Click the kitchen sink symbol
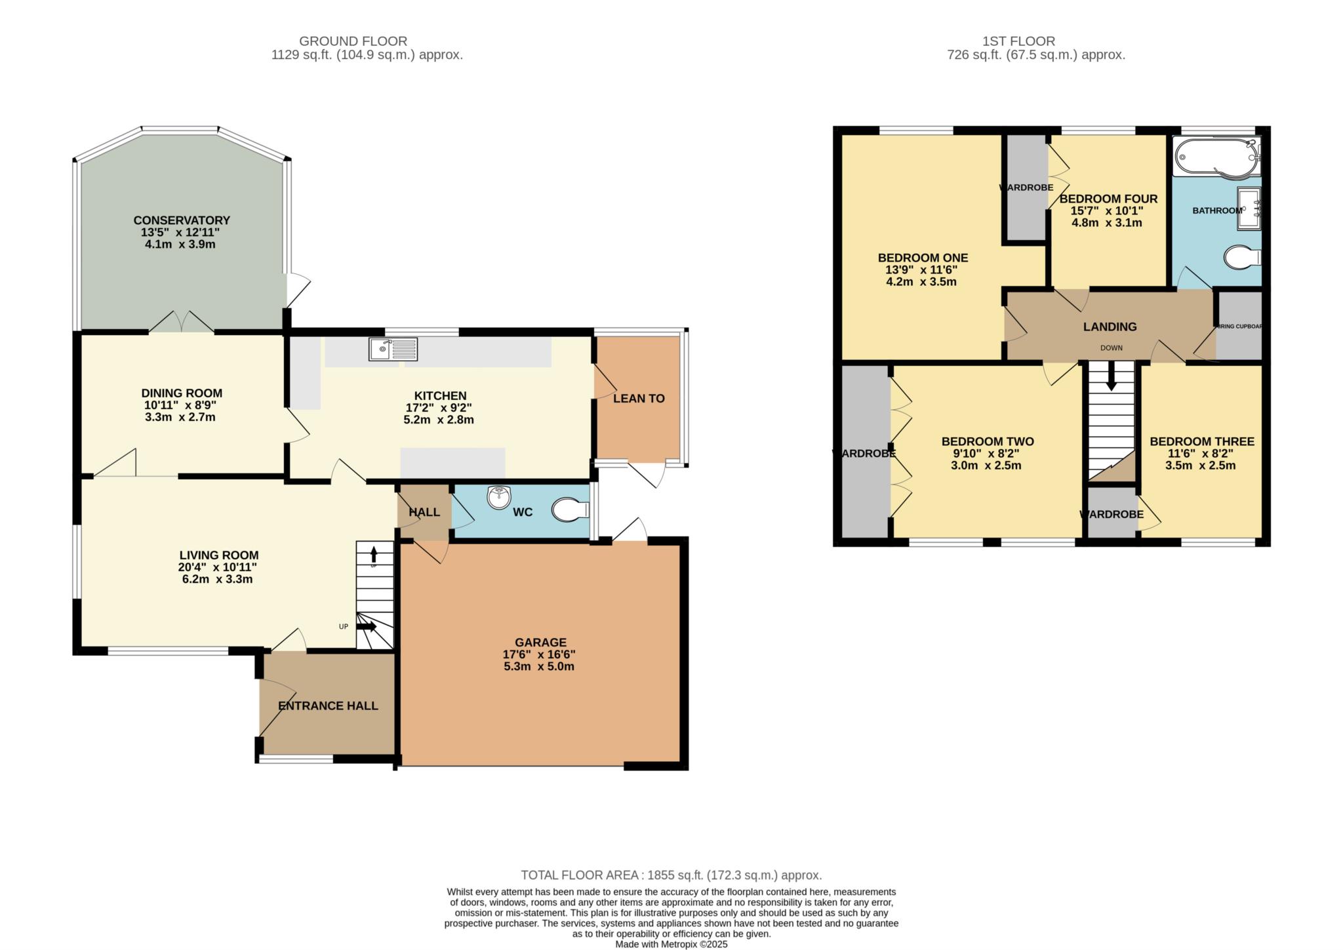pos(393,349)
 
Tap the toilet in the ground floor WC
pos(569,510)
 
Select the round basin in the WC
pos(499,498)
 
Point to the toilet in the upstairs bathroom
pos(1241,257)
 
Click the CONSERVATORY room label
pos(182,220)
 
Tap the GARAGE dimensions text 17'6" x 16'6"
pos(539,654)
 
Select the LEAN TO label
pos(639,399)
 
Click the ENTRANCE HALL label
pos(328,706)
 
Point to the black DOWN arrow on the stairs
pos(1111,380)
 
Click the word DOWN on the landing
pos(1111,348)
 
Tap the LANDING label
pos(1110,327)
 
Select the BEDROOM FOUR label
pos(1108,199)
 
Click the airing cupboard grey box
pos(1239,326)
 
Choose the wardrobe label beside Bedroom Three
pos(1112,515)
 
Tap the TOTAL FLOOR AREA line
pos(671,875)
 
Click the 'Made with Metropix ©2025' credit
pos(671,945)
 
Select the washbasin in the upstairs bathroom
pos(1249,208)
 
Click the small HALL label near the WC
pos(424,512)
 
